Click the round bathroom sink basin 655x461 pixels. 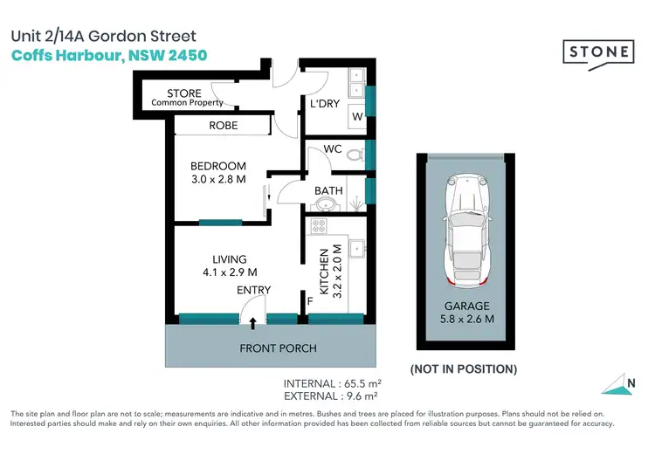click(325, 204)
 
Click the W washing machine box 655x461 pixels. click(355, 117)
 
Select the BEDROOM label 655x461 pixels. click(218, 166)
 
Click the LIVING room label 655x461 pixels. click(229, 259)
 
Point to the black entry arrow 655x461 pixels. click(253, 323)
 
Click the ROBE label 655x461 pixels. click(224, 126)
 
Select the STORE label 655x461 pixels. click(183, 93)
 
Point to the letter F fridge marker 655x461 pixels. click(309, 302)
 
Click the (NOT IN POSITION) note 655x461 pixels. click(463, 368)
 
